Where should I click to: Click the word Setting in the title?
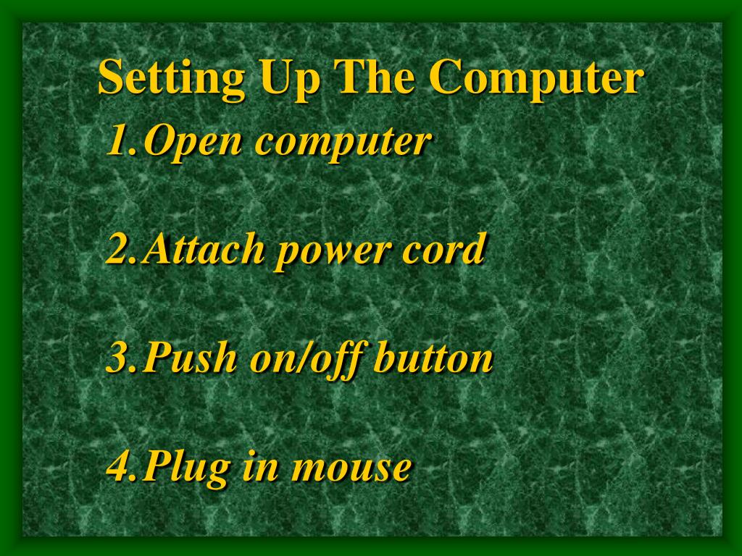click(171, 78)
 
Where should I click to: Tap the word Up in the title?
click(290, 80)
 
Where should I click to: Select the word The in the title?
click(374, 77)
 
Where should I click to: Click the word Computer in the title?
click(535, 80)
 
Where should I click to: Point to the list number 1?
click(121, 140)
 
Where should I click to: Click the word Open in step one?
click(192, 143)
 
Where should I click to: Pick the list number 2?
click(121, 248)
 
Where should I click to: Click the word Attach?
click(204, 248)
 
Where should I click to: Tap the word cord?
click(444, 248)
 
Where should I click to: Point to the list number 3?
click(121, 357)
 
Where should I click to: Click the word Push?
click(190, 357)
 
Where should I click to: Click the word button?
click(433, 358)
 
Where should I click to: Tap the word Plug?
click(186, 468)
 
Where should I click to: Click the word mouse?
click(350, 469)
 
